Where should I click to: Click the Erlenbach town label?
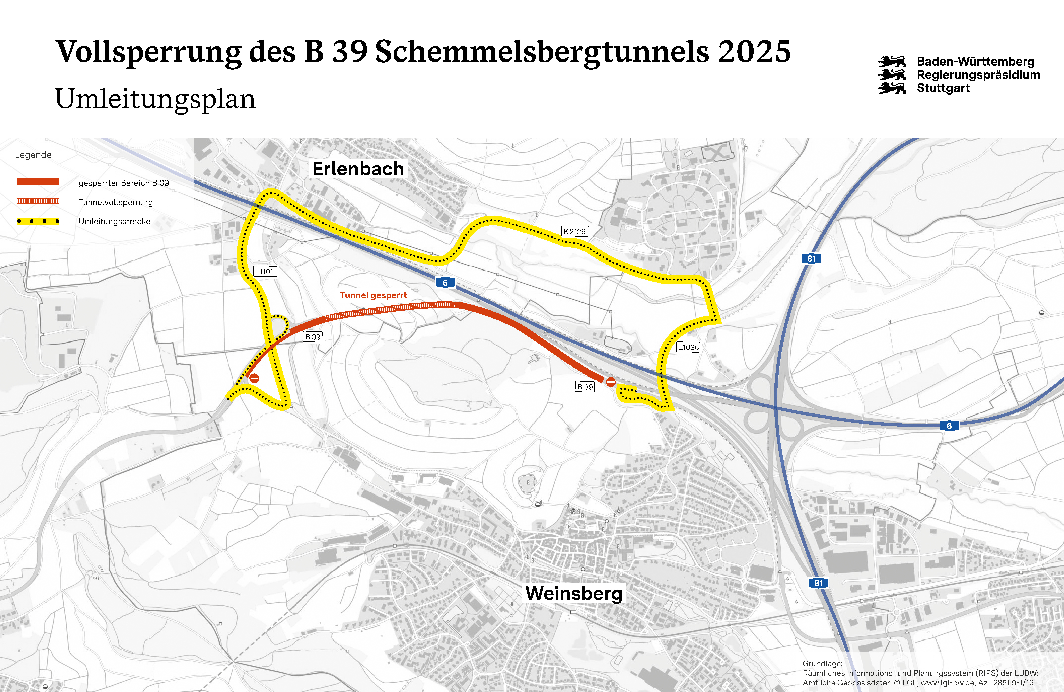point(358,169)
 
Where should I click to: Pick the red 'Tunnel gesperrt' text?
point(373,295)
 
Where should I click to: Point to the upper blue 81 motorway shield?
point(811,259)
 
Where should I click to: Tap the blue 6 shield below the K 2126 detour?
point(445,283)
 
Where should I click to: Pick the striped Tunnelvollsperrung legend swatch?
point(38,201)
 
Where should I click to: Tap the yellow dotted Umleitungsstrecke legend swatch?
point(38,221)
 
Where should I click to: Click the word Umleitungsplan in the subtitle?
point(155,99)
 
